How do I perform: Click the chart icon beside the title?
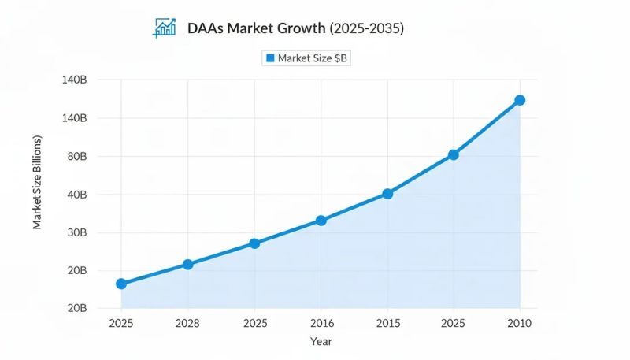coord(165,28)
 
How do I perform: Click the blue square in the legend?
coord(270,58)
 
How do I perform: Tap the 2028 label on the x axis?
coord(187,323)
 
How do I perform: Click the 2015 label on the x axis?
coord(387,323)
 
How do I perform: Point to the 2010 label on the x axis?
coord(520,323)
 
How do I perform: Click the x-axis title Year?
coord(321,342)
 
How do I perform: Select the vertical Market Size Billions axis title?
coord(37,183)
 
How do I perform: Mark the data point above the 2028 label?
coord(187,264)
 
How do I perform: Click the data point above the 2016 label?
coord(321,221)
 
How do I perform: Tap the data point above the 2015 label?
coord(387,194)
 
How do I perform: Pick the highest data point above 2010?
coord(520,100)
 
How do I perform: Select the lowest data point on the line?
coord(121,284)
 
